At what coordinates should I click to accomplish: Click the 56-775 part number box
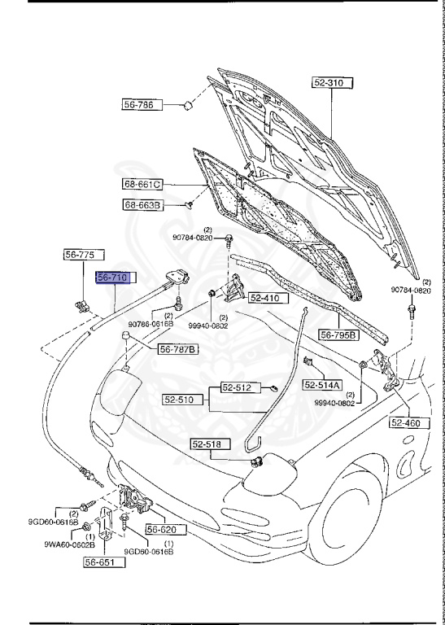80,255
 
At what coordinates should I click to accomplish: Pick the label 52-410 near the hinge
264,298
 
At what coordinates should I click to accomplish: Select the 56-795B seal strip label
338,334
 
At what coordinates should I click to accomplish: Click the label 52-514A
323,385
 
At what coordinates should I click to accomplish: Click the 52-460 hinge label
408,422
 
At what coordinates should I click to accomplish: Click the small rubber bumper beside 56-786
186,105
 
